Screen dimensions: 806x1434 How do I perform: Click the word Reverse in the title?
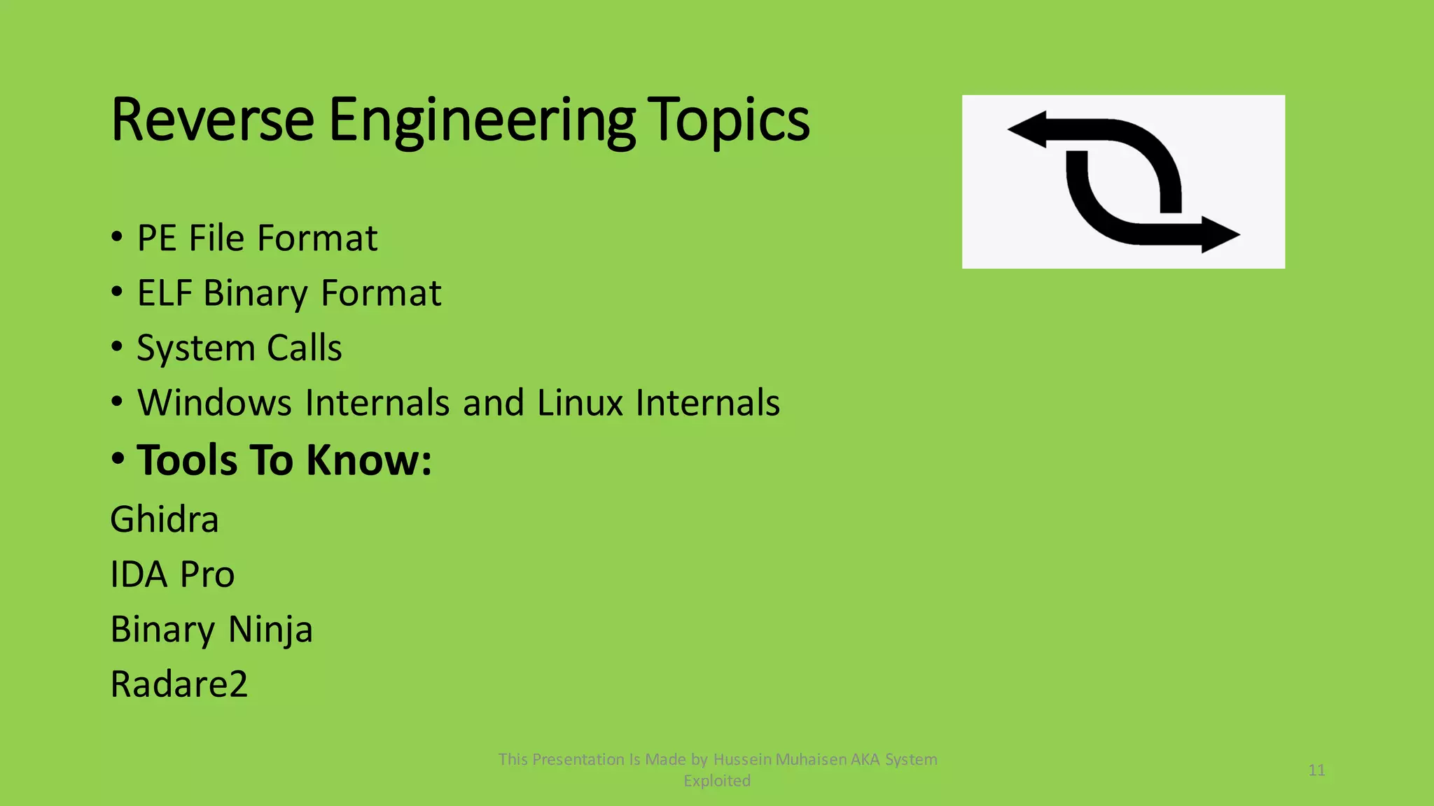click(212, 120)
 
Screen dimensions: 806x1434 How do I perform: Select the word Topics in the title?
click(728, 120)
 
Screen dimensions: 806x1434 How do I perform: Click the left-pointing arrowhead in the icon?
click(1027, 129)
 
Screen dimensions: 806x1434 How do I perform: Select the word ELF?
click(165, 292)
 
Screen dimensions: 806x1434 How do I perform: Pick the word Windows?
click(214, 402)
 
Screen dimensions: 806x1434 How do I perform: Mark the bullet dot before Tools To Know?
click(118, 458)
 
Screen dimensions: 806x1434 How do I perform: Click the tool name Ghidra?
click(165, 519)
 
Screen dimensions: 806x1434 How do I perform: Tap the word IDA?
click(139, 574)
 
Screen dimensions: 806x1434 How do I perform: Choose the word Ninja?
click(270, 629)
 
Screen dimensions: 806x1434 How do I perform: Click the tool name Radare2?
click(179, 684)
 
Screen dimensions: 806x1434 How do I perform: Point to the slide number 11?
click(1316, 770)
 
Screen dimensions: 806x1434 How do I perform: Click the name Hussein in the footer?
click(742, 759)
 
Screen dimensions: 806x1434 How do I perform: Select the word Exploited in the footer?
click(717, 781)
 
